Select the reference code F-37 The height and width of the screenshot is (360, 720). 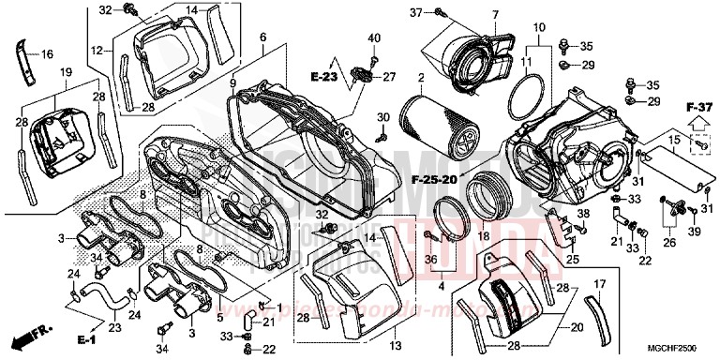coord(697,107)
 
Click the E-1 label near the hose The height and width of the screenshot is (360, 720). coord(89,337)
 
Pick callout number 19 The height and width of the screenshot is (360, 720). coord(67,73)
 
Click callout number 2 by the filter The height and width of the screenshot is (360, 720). coord(422,77)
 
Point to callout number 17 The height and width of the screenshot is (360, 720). coord(601,283)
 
